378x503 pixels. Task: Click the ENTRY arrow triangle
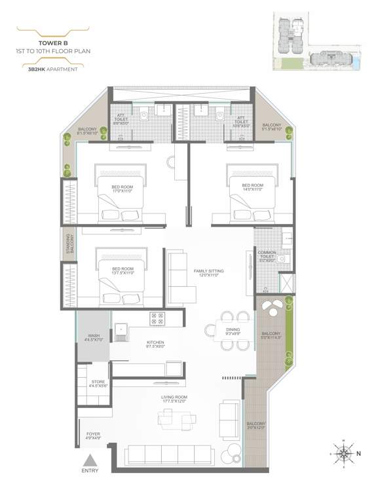(93, 461)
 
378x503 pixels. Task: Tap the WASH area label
(94, 338)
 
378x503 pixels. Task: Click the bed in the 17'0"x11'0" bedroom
(122, 200)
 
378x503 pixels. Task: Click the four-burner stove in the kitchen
(158, 319)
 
